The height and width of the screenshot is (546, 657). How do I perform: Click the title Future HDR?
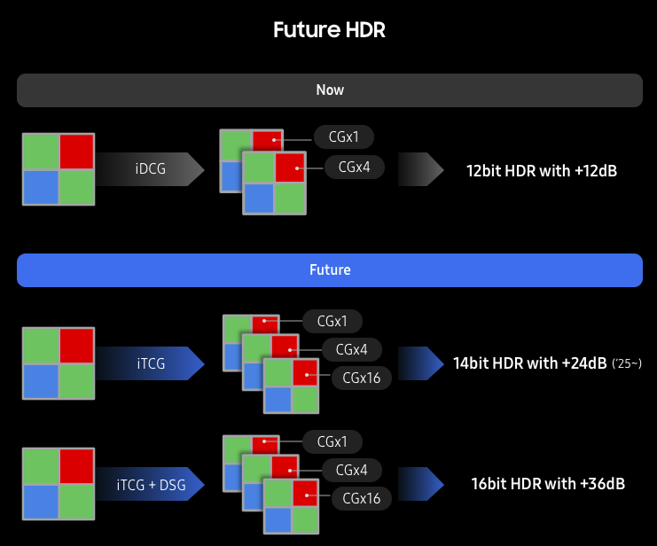click(329, 29)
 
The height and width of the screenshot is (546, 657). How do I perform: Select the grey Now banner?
click(329, 90)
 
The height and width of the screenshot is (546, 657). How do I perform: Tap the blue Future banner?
click(329, 269)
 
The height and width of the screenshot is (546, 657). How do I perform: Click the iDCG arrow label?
click(150, 168)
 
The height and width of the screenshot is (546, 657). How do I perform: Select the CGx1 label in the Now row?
click(343, 137)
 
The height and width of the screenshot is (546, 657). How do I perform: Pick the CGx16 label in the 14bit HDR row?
click(361, 378)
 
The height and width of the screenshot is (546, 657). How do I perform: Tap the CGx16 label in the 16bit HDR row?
click(361, 499)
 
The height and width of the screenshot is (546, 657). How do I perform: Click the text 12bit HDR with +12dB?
click(541, 169)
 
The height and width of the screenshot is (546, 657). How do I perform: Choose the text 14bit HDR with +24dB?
click(529, 363)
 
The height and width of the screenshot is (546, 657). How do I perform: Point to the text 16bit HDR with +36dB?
click(548, 484)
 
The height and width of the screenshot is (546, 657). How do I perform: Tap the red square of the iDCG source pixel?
click(76, 151)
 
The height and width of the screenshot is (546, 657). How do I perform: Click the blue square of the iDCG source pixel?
click(40, 187)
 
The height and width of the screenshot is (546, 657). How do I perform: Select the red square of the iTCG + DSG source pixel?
click(76, 466)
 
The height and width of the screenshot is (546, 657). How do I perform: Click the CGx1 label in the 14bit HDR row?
click(332, 321)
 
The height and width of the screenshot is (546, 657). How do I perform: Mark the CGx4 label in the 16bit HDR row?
click(350, 470)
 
